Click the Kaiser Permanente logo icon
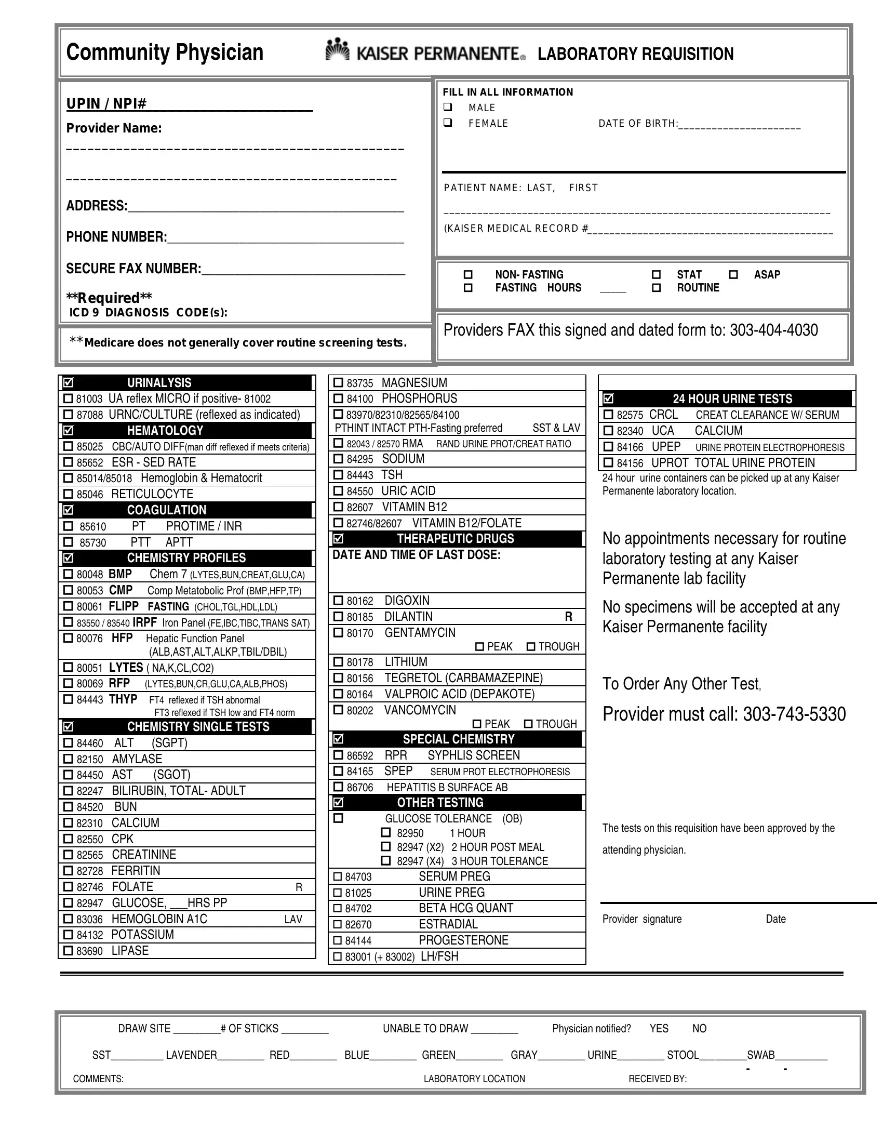pyautogui.click(x=338, y=50)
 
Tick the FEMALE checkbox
pyautogui.click(x=448, y=123)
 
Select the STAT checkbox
pyautogui.click(x=656, y=275)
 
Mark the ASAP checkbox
pyautogui.click(x=733, y=275)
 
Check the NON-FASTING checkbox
pyautogui.click(x=468, y=275)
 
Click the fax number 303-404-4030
pyautogui.click(x=774, y=330)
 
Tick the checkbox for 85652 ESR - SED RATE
pyautogui.click(x=68, y=462)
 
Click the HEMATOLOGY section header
pyautogui.click(x=165, y=430)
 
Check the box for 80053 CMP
pyautogui.click(x=68, y=590)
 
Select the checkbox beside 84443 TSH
pyautogui.click(x=339, y=475)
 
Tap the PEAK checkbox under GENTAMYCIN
pyautogui.click(x=480, y=647)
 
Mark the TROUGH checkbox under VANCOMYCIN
pyautogui.click(x=528, y=724)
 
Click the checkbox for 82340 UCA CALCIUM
pyautogui.click(x=608, y=431)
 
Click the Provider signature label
pyautogui.click(x=642, y=919)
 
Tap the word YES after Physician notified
pyautogui.click(x=659, y=1028)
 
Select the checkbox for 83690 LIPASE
pyautogui.click(x=68, y=950)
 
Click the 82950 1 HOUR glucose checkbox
pyautogui.click(x=386, y=832)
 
